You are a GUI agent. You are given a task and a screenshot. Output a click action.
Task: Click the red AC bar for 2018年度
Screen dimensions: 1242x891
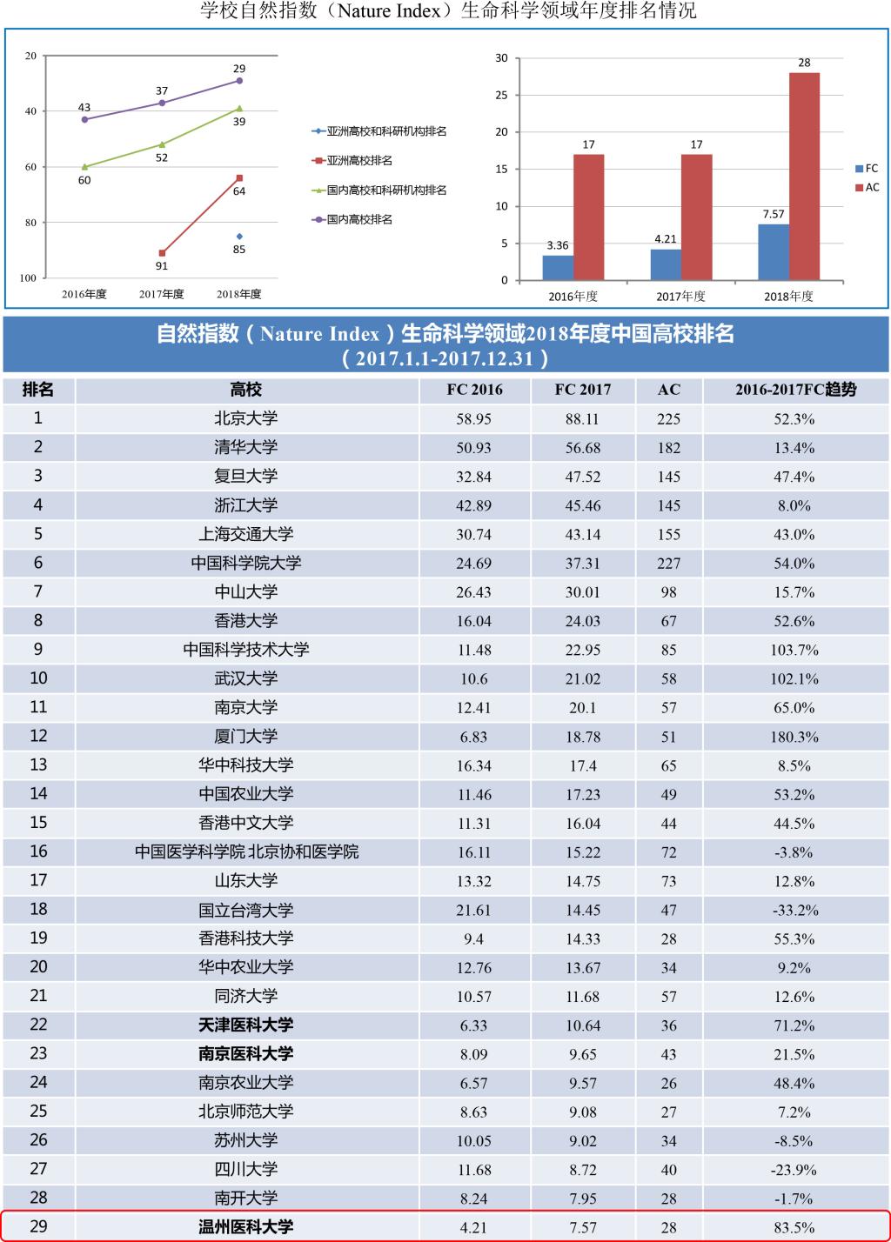(804, 177)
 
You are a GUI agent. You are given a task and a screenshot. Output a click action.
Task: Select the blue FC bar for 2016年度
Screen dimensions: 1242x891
(558, 268)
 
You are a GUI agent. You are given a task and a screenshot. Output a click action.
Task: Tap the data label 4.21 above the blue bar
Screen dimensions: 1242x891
(666, 239)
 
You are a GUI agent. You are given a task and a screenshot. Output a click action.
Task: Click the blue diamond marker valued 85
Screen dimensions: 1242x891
(239, 237)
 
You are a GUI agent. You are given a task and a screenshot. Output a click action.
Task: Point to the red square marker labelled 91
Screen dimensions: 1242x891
(162, 253)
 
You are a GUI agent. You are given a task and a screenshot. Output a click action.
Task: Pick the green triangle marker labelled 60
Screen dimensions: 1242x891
(84, 167)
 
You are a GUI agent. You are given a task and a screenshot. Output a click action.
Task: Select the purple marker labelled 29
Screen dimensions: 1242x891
(239, 81)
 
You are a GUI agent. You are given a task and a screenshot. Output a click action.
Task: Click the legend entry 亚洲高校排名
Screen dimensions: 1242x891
(358, 161)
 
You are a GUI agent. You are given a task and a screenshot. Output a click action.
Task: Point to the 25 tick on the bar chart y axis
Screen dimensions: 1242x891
(501, 96)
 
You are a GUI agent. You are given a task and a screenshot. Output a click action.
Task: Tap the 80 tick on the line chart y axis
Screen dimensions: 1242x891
(31, 223)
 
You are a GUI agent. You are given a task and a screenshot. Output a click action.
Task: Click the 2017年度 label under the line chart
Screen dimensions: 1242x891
(162, 295)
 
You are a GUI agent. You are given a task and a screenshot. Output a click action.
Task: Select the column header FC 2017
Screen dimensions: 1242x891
(582, 390)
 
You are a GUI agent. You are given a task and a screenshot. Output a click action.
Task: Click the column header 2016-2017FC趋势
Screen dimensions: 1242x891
(795, 390)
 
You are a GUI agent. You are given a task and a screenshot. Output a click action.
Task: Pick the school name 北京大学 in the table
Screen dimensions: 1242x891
(246, 418)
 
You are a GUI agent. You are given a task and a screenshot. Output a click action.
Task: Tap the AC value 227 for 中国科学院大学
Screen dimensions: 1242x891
(668, 564)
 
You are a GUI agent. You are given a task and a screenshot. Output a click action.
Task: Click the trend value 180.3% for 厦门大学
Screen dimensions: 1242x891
(794, 737)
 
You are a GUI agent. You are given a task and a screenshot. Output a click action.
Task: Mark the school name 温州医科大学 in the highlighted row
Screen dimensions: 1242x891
(246, 1227)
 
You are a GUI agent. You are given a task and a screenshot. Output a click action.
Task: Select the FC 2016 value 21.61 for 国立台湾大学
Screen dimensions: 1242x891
(473, 911)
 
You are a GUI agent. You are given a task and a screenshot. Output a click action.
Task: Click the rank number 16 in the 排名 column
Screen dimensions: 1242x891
(38, 851)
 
